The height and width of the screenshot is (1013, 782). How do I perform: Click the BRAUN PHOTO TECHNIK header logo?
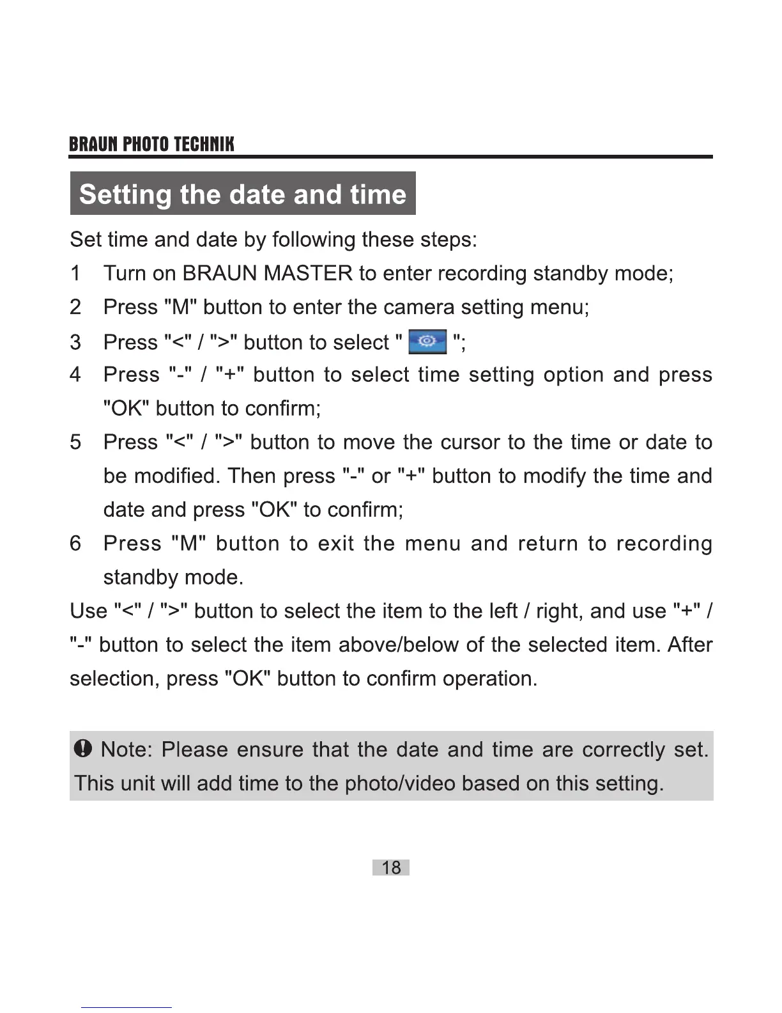click(151, 144)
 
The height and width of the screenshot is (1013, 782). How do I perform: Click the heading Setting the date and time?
click(243, 194)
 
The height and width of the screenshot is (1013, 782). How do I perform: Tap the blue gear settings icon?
click(427, 342)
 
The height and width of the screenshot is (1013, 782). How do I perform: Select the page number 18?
click(391, 867)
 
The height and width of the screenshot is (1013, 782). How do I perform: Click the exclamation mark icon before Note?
click(84, 748)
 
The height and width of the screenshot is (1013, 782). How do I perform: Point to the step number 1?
click(75, 274)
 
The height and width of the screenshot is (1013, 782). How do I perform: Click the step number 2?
click(75, 308)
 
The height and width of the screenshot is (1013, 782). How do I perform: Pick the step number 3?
click(75, 342)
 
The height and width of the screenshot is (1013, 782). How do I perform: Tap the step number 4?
click(75, 375)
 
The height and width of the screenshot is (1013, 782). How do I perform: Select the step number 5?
click(75, 442)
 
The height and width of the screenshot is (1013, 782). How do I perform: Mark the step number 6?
click(75, 544)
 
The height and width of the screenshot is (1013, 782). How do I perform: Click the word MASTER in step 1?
click(308, 274)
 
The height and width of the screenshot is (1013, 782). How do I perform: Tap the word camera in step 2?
click(419, 308)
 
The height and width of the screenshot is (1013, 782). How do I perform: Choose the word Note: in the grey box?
click(126, 749)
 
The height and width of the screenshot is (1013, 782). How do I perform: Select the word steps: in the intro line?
click(448, 240)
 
